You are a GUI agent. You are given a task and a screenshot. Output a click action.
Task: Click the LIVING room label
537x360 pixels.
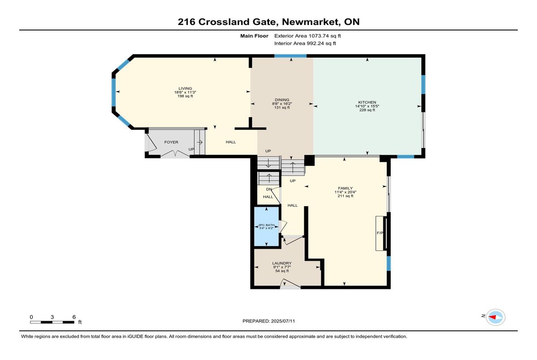point(185,89)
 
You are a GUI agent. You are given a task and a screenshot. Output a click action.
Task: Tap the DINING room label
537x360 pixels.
point(282,100)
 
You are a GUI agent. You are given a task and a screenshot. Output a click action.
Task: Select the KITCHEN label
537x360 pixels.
point(367,102)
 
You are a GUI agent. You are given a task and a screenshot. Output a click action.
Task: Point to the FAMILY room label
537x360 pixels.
point(345,188)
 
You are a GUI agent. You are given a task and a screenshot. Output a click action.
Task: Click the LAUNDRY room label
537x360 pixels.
point(282,263)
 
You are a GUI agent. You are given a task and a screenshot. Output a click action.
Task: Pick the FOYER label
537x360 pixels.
point(171,142)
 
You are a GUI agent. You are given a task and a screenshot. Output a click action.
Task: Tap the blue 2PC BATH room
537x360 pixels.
point(266,226)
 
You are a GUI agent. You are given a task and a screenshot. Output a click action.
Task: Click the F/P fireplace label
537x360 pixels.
point(380,233)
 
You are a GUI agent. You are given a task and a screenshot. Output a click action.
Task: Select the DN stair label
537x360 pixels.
point(269,189)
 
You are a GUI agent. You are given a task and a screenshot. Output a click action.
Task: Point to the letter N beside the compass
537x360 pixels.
point(483,316)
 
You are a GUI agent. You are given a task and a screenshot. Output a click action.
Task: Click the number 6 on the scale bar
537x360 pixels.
point(74,317)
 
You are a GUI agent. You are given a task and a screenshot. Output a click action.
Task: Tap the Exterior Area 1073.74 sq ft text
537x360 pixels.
point(307,36)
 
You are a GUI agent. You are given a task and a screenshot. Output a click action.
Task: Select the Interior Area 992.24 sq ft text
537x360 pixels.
point(305,43)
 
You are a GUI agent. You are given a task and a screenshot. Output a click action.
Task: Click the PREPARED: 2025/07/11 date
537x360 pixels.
point(269,321)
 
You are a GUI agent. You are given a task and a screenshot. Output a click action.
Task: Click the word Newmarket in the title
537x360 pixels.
point(311,22)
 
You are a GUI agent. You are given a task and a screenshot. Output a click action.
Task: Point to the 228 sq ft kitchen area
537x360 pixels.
point(367,110)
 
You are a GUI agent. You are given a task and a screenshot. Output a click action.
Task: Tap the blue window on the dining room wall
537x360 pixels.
point(290,56)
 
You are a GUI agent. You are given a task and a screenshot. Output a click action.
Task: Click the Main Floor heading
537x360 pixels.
point(254,36)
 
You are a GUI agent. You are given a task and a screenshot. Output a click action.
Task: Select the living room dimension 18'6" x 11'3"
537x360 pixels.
point(185,92)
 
